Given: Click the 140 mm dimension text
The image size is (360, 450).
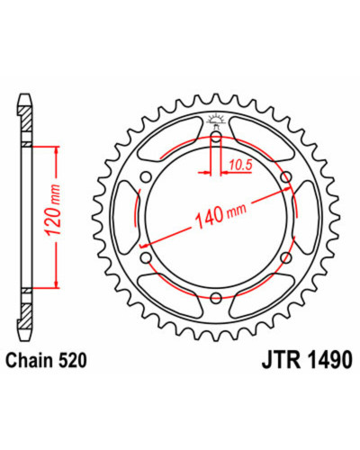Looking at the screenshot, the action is [x=220, y=213].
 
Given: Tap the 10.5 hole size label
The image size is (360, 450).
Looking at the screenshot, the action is [x=240, y=165].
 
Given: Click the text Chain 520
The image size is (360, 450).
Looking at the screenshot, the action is [x=47, y=360].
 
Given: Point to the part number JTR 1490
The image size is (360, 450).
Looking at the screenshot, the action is [x=307, y=360].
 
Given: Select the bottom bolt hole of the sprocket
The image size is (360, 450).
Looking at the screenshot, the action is [x=216, y=298].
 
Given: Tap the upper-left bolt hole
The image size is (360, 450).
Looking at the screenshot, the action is [x=147, y=177].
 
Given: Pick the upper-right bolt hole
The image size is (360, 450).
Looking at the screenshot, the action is [x=286, y=176].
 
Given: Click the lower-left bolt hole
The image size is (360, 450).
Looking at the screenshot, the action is [x=147, y=257].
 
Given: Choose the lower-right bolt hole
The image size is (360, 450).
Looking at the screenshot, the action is [x=286, y=257].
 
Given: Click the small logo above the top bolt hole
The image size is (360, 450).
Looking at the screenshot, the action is [x=216, y=120].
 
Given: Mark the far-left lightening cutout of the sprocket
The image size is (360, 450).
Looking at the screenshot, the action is [x=127, y=217].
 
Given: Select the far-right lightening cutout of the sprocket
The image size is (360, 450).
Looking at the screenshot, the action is [x=306, y=217].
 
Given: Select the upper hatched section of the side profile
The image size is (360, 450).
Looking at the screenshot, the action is [x=26, y=119].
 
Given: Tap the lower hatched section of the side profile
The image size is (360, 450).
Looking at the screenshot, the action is [x=26, y=316].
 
